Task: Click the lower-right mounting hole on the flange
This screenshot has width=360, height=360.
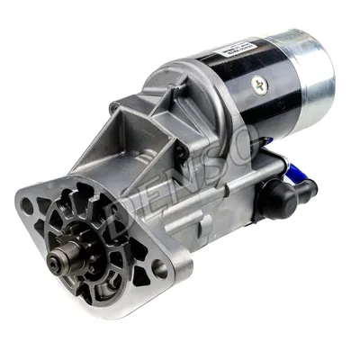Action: coord(158,265)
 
